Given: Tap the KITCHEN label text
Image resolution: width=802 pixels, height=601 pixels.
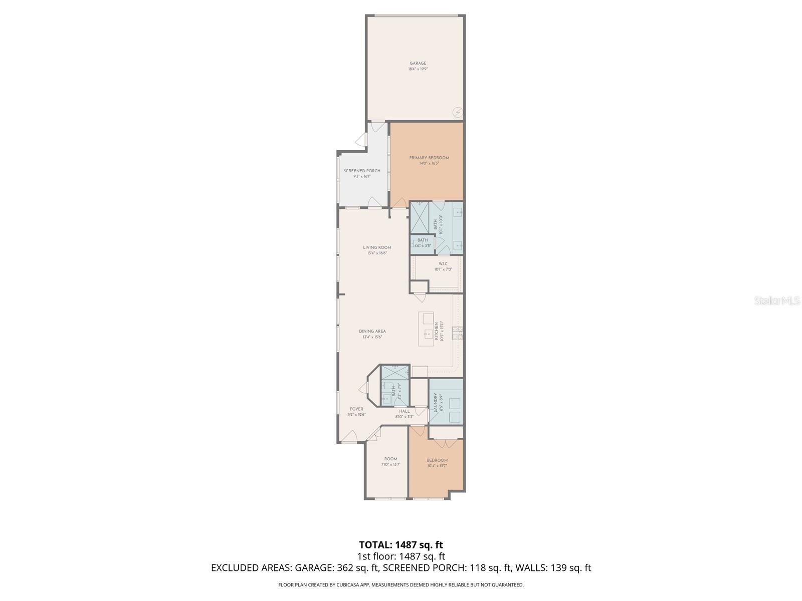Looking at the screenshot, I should tap(437, 331).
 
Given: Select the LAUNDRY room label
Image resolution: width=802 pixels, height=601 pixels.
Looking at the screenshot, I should tap(442, 402).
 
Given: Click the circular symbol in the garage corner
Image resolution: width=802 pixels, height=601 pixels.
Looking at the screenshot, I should tap(457, 112).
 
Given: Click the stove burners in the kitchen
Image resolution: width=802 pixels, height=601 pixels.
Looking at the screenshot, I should tap(458, 333).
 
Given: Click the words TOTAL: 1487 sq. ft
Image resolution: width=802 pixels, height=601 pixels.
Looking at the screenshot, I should tap(401, 544).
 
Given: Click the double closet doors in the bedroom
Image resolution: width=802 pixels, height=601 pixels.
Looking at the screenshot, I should tap(440, 443).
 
